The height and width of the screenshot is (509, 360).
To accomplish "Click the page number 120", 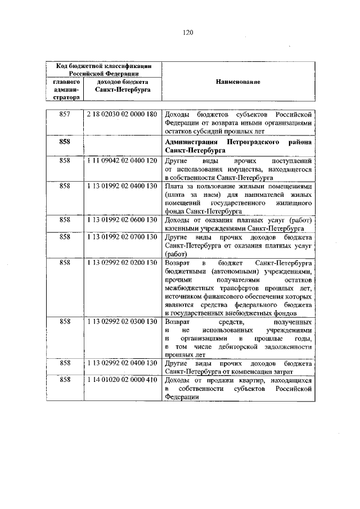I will [x=187, y=33].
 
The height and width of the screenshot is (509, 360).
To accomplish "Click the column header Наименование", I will [x=237, y=82].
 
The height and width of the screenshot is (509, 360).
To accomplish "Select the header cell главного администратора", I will [x=64, y=89].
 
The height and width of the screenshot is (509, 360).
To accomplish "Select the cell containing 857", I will [x=64, y=114].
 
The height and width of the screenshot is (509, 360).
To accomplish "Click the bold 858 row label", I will [x=64, y=143].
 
